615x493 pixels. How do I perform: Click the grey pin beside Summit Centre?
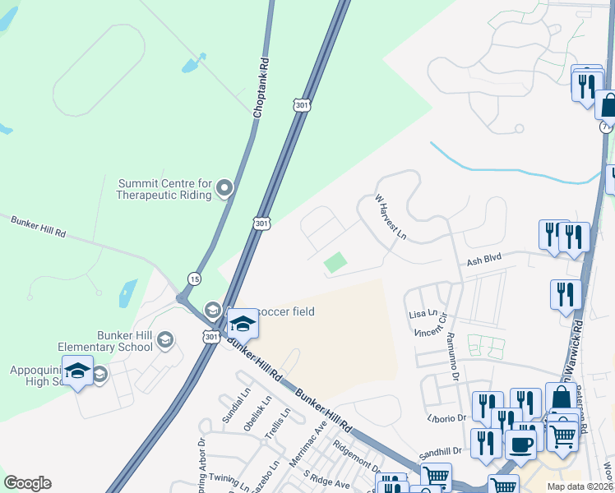pos(224,190)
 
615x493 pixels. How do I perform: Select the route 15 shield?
pos(194,279)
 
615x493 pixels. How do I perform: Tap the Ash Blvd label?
pos(483,260)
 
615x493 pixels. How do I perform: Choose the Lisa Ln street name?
pos(422,315)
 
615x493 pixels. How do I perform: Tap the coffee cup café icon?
pos(520,445)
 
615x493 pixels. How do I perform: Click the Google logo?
pos(27,482)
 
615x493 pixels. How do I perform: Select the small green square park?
pos(335,263)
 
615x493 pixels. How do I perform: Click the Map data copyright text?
pos(580,486)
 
